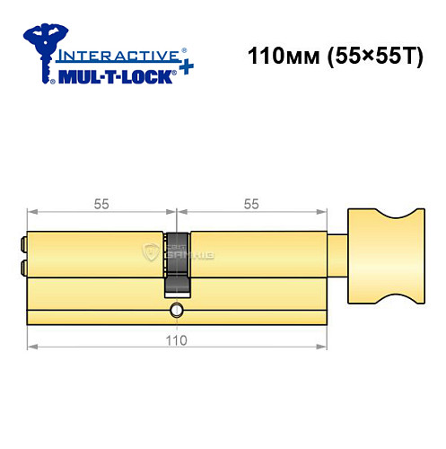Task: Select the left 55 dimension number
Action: tap(101, 204)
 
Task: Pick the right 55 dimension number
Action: tap(249, 204)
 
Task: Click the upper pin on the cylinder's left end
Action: tap(22, 242)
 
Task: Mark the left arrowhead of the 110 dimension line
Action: tap(31, 346)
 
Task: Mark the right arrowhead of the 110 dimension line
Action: tap(322, 346)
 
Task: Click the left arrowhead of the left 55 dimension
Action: tap(31, 213)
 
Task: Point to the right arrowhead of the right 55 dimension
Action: tap(322, 213)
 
